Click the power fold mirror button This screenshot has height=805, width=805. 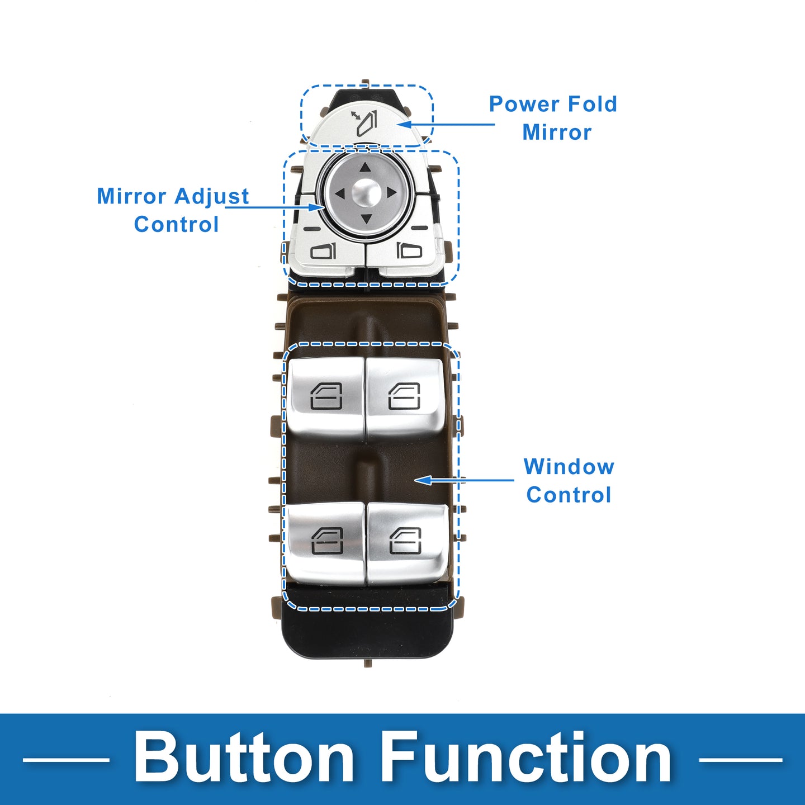366,124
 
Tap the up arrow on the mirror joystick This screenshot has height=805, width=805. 365,168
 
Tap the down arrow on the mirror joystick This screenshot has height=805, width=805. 366,219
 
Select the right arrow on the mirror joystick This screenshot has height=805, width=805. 391,193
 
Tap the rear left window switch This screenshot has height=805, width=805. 326,541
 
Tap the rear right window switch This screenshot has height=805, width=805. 405,541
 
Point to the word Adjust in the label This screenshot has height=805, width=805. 211,196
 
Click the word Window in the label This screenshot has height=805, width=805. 569,467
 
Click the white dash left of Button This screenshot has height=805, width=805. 66,760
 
